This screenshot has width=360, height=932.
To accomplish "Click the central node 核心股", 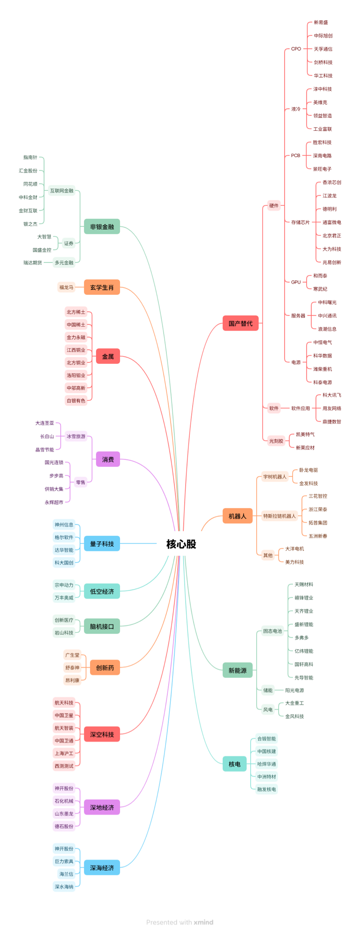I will click(181, 544).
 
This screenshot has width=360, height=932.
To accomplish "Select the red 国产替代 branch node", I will click(240, 323).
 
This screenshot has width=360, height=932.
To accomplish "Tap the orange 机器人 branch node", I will click(237, 516).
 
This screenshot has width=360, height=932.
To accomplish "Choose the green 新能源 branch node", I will click(237, 670).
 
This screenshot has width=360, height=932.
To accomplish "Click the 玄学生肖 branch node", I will click(102, 287).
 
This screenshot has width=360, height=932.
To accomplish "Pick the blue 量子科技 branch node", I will click(102, 544).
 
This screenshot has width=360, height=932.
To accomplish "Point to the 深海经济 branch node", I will click(102, 868).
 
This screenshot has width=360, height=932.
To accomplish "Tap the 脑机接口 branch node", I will click(102, 626).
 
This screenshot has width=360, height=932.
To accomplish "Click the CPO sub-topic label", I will click(296, 49).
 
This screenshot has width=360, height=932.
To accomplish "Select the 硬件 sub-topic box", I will click(274, 205).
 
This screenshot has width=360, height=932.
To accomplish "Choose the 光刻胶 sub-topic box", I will click(276, 441).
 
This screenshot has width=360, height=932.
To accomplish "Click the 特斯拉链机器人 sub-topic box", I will click(279, 516).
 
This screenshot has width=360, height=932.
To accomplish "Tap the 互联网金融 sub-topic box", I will click(62, 191).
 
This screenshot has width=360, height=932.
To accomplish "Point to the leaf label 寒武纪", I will click(320, 289).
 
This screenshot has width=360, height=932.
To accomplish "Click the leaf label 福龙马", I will click(66, 287).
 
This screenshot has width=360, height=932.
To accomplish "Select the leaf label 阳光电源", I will click(294, 690).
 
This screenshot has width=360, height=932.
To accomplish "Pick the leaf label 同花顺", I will click(30, 184).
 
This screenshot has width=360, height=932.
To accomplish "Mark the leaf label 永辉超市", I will click(54, 502).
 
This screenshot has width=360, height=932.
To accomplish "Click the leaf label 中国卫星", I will click(64, 715).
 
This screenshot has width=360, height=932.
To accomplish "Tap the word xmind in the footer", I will click(203, 922).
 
